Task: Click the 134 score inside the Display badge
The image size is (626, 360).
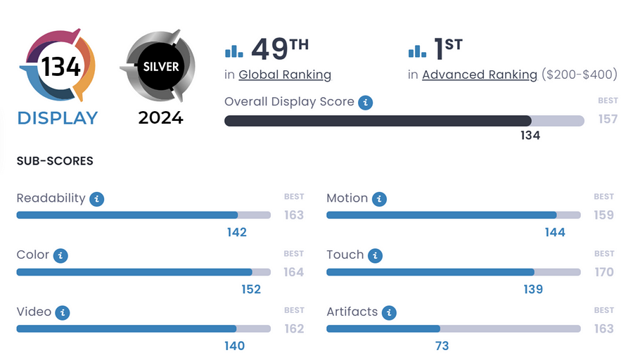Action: tap(60, 66)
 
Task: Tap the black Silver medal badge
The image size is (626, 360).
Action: tap(161, 67)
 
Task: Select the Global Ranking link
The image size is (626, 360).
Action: tap(285, 75)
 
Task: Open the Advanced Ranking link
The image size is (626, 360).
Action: tap(480, 75)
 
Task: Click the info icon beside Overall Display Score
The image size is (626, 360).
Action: tap(365, 103)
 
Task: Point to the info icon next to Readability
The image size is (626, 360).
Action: tap(97, 199)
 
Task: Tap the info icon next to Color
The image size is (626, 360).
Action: tap(60, 255)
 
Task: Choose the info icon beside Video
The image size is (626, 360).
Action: tap(63, 312)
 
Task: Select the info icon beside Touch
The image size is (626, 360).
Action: tap(376, 255)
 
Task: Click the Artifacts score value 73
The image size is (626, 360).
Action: tap(442, 346)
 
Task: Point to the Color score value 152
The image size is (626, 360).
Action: tap(251, 289)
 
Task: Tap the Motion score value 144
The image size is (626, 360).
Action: tap(555, 232)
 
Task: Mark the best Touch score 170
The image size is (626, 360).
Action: tap(604, 271)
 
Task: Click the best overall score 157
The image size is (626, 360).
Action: tap(608, 119)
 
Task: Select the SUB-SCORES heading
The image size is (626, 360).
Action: tap(55, 161)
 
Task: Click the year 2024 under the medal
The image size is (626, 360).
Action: tap(160, 117)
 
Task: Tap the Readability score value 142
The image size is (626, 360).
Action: tap(237, 232)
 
